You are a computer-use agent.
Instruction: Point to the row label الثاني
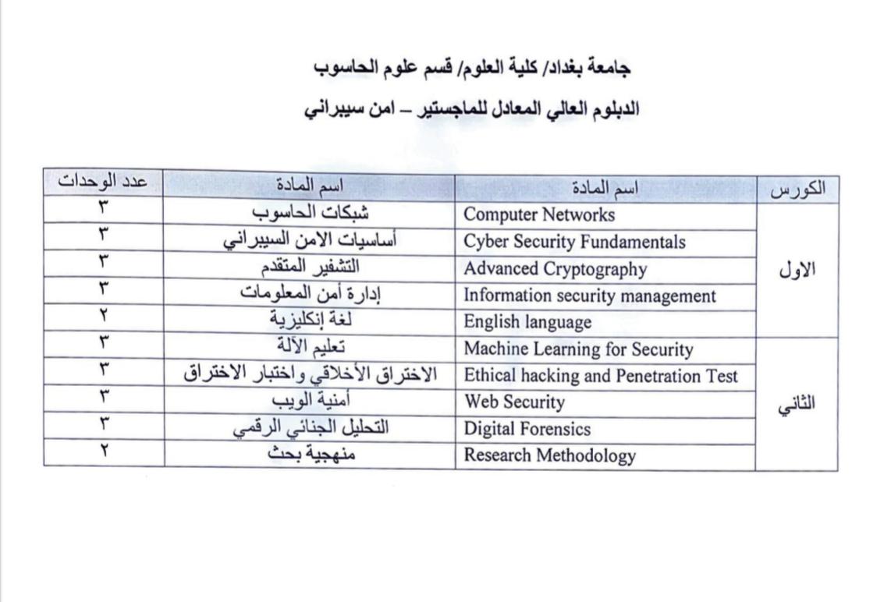(798, 405)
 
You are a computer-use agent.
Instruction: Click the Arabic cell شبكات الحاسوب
(311, 211)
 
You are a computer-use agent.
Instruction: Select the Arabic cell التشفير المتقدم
(310, 267)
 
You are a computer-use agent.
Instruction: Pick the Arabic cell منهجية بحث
(310, 454)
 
